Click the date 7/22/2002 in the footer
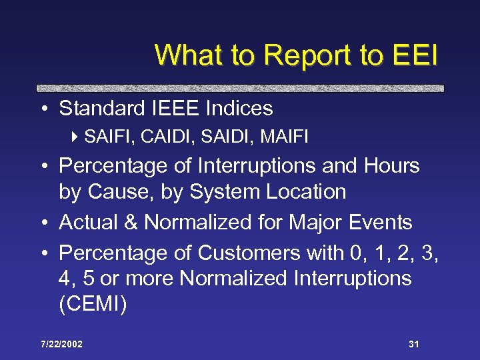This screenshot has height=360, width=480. click(x=61, y=344)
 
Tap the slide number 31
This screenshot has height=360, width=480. click(x=413, y=344)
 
